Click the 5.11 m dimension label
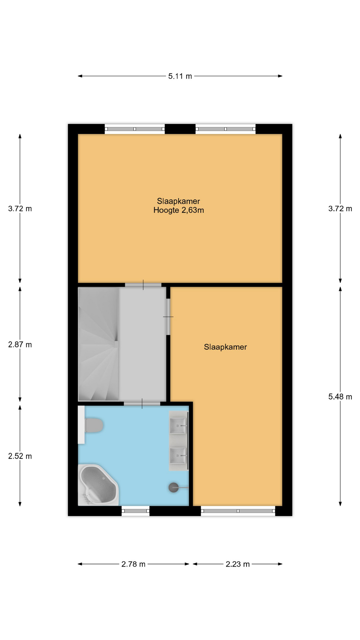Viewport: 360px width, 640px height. pos(180,76)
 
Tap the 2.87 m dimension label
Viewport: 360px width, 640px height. pos(20,345)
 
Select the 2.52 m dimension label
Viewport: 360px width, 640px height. pos(20,456)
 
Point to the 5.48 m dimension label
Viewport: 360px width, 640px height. pos(340,397)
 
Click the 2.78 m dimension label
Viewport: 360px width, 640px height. pos(133,564)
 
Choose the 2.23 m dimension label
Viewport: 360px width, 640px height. pos(238,564)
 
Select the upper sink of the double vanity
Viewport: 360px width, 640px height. pos(178,426)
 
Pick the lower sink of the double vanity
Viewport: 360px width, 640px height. pos(178,455)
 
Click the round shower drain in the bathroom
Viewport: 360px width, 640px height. pos(174,488)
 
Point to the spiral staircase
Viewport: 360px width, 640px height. pos(98,344)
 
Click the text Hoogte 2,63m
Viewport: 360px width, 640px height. pos(179,210)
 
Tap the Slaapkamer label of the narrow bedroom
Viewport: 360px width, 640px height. pos(225,347)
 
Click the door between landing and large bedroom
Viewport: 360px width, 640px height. pos(143,285)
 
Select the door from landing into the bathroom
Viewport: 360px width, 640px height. pos(142,403)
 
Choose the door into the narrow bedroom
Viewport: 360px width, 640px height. pos(168,317)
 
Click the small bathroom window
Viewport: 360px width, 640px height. pos(135,511)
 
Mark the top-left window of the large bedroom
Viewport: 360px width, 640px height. pos(135,129)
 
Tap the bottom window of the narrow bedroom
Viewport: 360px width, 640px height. pos(238,511)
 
